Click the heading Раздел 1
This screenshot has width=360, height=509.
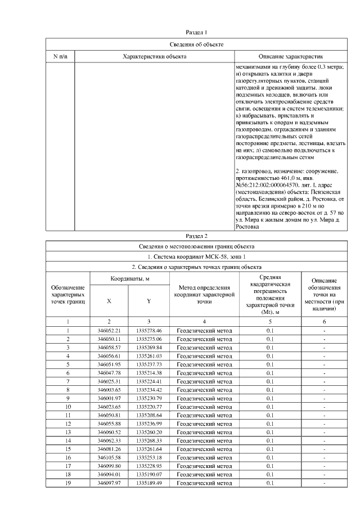click(196, 33)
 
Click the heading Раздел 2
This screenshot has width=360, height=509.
click(196, 235)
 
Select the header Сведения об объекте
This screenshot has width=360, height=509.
click(196, 44)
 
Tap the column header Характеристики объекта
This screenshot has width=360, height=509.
click(155, 57)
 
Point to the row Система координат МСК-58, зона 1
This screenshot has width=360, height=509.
click(196, 256)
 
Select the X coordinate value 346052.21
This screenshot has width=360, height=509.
click(109, 330)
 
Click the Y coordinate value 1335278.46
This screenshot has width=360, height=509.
click(148, 330)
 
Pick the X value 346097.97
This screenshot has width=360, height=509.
click(109, 483)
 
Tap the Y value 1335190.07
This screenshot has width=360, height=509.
click(148, 474)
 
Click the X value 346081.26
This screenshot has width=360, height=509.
click(109, 449)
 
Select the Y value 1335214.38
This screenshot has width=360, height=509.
click(148, 372)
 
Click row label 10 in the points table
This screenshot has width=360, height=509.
click(67, 406)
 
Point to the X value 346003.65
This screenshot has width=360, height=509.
click(109, 389)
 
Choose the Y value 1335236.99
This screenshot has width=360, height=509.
click(148, 423)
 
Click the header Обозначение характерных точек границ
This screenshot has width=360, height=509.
click(67, 294)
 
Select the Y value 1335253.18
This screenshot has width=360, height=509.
click(148, 457)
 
